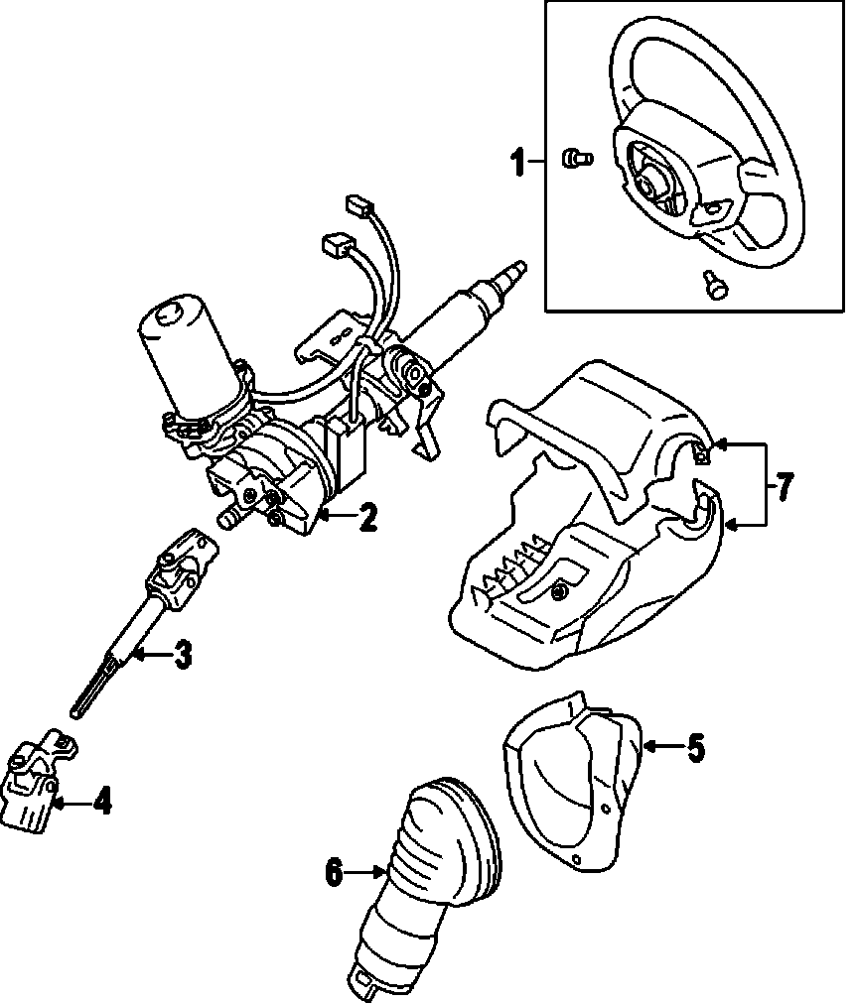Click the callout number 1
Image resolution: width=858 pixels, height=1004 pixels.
pos(517,162)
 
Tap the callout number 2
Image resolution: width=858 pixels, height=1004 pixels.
pos(367,516)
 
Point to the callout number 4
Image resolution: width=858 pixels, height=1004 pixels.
pos(101,799)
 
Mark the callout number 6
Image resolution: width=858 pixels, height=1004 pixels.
pos(334,872)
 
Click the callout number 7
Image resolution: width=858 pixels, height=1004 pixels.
pos(784,486)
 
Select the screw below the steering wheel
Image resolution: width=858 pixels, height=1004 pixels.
pos(712,284)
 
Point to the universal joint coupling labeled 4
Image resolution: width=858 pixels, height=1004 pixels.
pos(38,784)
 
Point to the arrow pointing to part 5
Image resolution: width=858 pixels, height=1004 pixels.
pos(658,746)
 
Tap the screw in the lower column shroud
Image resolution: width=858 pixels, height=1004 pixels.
pos(559,592)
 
